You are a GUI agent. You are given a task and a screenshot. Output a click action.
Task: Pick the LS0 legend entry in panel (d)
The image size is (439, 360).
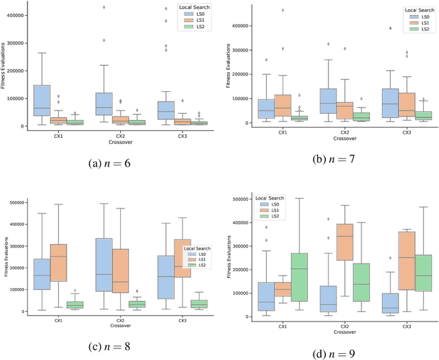270,205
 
